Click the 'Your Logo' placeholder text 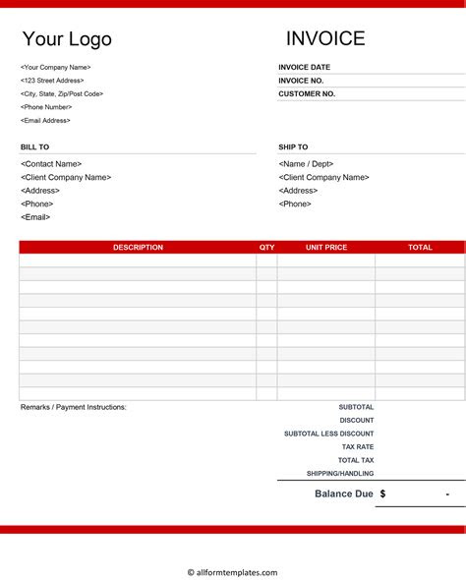67,39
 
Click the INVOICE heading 325,38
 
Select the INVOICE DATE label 305,68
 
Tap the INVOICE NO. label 302,81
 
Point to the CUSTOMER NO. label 307,94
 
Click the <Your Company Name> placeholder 55,68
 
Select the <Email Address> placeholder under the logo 45,121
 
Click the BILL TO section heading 34,147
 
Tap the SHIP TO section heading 293,147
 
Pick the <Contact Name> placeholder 51,164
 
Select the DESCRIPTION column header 138,248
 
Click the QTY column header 267,248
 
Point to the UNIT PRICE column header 326,248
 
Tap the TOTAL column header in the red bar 420,248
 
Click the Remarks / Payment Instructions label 74,407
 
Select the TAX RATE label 358,447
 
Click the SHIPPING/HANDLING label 340,474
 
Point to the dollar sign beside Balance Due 382,493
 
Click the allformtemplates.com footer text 233,572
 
